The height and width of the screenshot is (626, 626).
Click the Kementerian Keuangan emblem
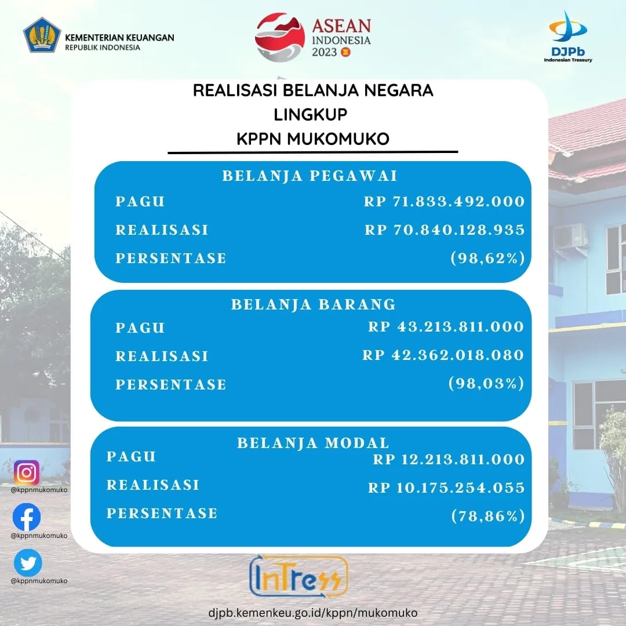pos(42,35)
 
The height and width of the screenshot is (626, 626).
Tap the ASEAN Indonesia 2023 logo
pos(313,37)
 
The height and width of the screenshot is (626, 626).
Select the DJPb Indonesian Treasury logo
pos(567,37)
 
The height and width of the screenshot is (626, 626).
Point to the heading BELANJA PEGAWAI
pos(310,176)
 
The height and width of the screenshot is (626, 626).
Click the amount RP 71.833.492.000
pos(444,201)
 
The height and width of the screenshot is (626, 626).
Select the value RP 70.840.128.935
pos(445,230)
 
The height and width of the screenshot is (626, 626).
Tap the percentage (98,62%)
pos(487,258)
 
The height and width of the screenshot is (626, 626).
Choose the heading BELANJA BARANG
pos(314,304)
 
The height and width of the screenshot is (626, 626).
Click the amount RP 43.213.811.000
pos(446,326)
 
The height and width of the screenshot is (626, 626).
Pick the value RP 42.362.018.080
pos(443,355)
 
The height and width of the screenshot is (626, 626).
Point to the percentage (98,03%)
pos(486,383)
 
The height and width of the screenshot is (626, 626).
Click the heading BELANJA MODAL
pos(314,443)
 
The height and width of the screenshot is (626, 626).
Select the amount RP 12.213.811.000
pos(449,459)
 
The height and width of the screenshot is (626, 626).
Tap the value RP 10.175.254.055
pos(446,487)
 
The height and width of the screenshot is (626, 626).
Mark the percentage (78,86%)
pos(488,516)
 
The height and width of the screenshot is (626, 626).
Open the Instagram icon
pos(27,472)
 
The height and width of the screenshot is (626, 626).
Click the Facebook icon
pos(27,517)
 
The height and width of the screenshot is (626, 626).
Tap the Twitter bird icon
pos(28,563)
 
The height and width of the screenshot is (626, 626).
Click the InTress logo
pos(299,576)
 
